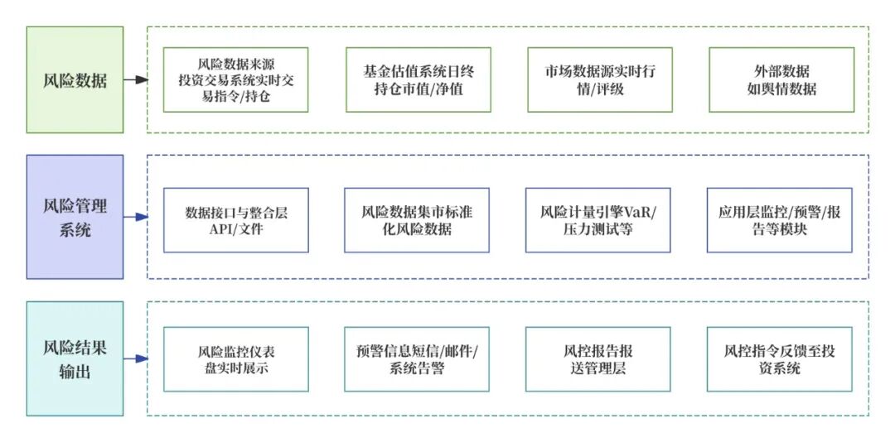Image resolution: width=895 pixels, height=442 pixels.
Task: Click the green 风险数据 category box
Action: [75, 79]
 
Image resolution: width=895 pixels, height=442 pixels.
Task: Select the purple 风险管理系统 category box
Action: [75, 217]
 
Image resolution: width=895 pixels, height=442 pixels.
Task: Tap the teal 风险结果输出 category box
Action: [75, 358]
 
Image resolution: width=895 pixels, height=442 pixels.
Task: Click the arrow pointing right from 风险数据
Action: [136, 80]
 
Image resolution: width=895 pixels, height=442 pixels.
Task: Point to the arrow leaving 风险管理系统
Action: [136, 218]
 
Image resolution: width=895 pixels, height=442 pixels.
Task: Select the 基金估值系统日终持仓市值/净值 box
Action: [418, 79]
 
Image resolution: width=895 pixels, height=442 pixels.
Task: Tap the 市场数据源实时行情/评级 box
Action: [598, 79]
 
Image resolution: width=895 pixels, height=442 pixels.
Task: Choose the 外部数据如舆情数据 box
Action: [781, 79]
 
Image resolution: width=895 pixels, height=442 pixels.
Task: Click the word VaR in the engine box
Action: [636, 212]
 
